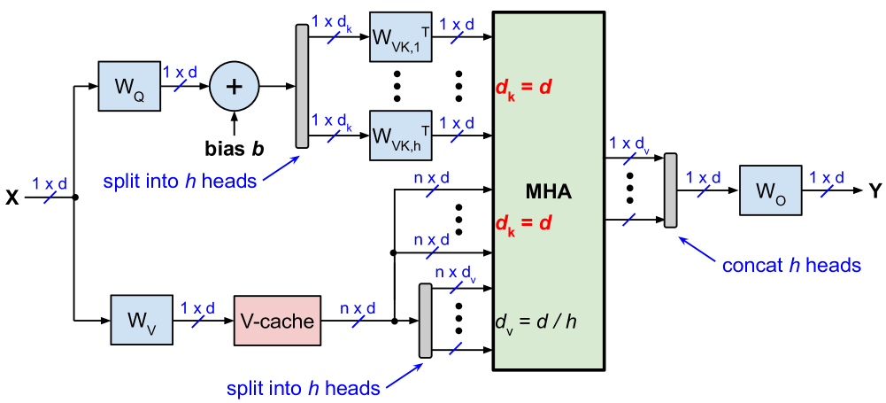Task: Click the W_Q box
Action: [x=129, y=87]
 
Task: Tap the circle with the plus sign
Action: [x=234, y=86]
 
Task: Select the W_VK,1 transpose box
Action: [x=400, y=37]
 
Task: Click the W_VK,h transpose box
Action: [x=400, y=136]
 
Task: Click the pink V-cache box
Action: [x=276, y=320]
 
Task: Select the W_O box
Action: [x=770, y=190]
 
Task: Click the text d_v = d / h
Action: [x=536, y=321]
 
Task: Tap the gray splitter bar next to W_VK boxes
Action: [x=302, y=86]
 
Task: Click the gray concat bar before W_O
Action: [x=670, y=190]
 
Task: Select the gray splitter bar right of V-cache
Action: [x=425, y=320]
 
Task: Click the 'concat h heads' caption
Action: [x=791, y=266]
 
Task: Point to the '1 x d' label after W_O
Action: [x=827, y=178]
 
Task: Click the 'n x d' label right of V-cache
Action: [x=358, y=308]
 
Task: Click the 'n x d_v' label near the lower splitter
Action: [x=456, y=274]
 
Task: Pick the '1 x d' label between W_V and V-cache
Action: [x=197, y=308]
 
